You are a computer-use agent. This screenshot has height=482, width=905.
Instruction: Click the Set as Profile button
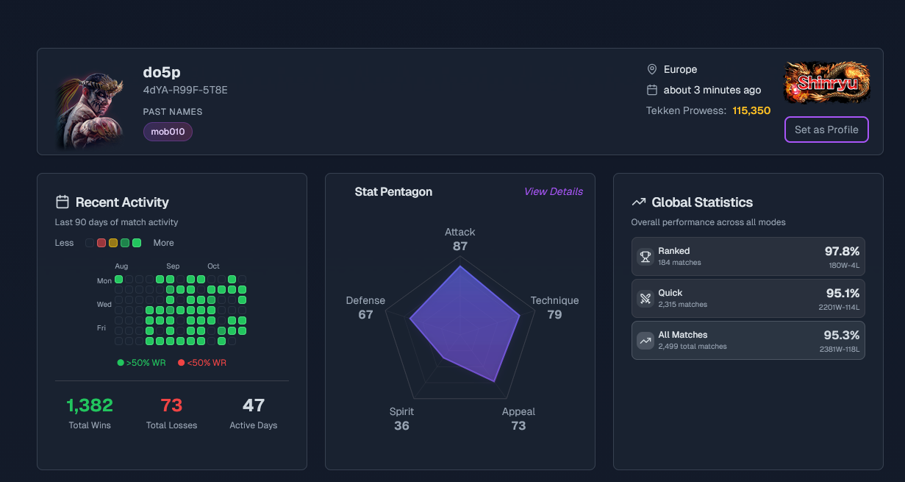click(826, 130)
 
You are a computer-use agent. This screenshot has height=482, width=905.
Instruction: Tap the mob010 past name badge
click(168, 132)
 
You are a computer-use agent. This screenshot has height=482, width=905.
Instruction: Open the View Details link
click(553, 191)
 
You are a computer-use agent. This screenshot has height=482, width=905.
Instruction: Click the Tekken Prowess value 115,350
click(751, 110)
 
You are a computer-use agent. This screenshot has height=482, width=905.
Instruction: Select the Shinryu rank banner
click(827, 82)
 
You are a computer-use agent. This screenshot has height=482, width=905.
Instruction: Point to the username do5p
click(162, 72)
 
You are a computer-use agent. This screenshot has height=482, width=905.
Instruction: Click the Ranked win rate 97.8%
click(842, 251)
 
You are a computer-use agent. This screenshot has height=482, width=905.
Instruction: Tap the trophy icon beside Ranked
click(645, 256)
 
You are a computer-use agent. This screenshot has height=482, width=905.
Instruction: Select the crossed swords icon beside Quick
click(645, 298)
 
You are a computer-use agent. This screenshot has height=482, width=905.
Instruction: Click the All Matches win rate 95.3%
click(842, 335)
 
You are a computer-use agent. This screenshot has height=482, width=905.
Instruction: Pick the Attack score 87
click(460, 246)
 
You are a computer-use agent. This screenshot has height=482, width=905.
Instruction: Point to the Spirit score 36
click(401, 425)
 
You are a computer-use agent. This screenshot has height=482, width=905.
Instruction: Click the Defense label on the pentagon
click(365, 300)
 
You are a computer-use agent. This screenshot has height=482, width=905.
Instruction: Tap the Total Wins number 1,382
click(90, 405)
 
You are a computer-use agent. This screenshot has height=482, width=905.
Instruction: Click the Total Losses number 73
click(171, 405)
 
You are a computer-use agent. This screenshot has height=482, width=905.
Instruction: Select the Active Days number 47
click(253, 405)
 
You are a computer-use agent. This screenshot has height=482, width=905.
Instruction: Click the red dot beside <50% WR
click(181, 363)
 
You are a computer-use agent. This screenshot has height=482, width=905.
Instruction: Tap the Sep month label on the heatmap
click(173, 266)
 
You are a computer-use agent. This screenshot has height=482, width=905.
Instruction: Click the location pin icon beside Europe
click(651, 69)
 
